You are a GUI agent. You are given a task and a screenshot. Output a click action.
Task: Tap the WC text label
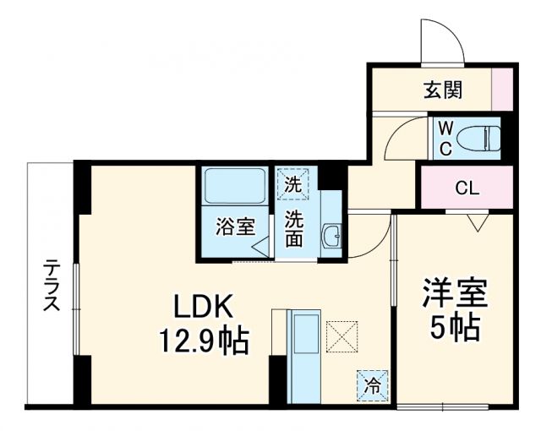pyautogui.click(x=446, y=137)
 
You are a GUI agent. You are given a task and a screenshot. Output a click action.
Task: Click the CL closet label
pyautogui.click(x=467, y=188)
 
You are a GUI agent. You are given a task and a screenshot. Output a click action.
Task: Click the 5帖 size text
pyautogui.click(x=454, y=326)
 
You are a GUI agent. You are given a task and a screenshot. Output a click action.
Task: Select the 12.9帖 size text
pyautogui.click(x=204, y=341)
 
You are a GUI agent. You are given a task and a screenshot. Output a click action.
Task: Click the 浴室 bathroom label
pyautogui.click(x=234, y=226)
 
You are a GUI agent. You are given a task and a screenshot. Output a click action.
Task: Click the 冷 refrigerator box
pyautogui.click(x=371, y=385)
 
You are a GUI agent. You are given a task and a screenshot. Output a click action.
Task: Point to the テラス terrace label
pyautogui.click(x=51, y=285)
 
